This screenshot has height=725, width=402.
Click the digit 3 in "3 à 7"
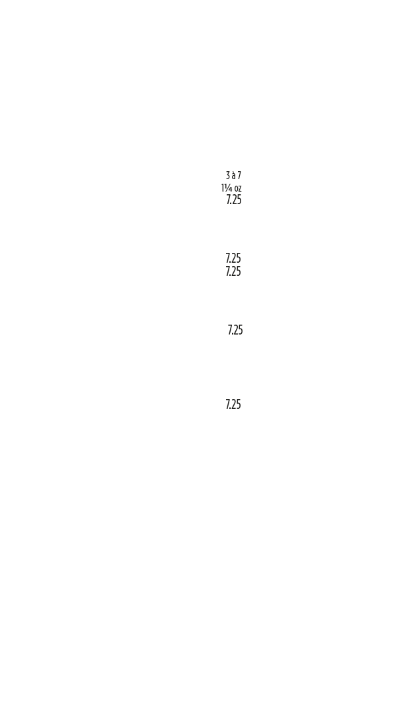[227, 176]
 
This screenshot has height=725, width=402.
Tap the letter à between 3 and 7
[233, 176]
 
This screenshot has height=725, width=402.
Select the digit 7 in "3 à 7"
[239, 176]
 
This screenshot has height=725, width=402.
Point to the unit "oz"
[238, 188]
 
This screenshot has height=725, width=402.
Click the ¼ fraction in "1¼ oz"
[228, 188]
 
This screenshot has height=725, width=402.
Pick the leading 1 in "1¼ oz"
[223, 188]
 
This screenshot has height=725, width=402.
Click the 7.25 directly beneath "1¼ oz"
[233, 200]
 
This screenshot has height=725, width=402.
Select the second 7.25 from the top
[233, 258]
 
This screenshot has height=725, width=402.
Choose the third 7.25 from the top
[233, 271]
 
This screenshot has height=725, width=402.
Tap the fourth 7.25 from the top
[235, 330]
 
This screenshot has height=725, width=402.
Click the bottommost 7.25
[233, 404]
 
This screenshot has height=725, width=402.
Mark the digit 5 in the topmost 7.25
[239, 200]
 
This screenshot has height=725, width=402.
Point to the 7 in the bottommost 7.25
[228, 404]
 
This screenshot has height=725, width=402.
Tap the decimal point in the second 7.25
[231, 261]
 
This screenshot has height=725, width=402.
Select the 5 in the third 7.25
[239, 271]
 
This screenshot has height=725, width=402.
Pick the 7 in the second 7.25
[228, 258]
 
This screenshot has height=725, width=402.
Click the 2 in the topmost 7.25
[234, 200]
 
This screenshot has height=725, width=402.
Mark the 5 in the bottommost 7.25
[239, 404]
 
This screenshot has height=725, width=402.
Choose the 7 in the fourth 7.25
[230, 330]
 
